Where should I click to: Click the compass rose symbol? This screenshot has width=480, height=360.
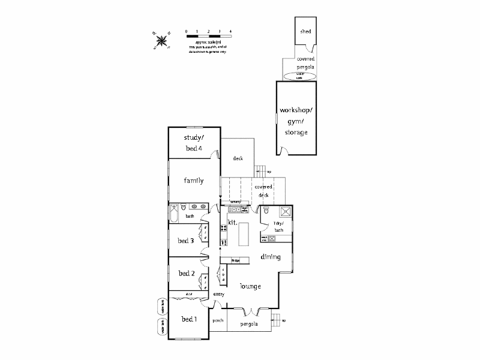point(161,40)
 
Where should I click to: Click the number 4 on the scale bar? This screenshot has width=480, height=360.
point(230,30)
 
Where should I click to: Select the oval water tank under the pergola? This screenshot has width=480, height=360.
point(301,76)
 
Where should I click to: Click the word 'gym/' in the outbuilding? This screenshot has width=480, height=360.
point(297,121)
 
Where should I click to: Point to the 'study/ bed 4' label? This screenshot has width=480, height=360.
point(193,143)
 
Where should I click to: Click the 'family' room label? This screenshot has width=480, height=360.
point(193,181)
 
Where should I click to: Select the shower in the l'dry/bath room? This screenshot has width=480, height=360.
point(284,211)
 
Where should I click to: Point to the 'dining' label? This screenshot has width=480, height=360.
point(271,257)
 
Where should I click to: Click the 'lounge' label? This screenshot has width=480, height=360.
point(250,286)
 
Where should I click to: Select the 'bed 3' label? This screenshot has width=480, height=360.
point(185,241)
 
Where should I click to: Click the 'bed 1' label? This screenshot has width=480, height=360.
point(188,319)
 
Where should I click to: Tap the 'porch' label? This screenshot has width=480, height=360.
point(218,320)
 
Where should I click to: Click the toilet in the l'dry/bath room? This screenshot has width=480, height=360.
point(266,211)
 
